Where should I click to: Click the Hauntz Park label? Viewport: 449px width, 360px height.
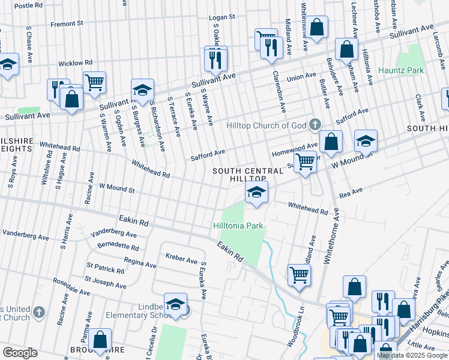(x=401, y=70)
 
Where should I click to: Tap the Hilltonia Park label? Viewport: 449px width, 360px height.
(x=238, y=226)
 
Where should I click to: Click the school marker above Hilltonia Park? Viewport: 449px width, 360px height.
(x=256, y=193)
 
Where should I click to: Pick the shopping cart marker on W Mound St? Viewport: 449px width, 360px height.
(x=306, y=162)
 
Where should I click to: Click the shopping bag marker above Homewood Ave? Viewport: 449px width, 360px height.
(x=331, y=142)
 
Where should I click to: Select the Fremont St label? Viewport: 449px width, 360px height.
(x=67, y=24)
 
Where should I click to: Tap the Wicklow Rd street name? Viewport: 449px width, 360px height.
(x=75, y=62)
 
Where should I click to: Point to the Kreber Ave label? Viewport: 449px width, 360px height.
(x=181, y=260)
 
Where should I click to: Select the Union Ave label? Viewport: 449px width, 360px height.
(x=301, y=76)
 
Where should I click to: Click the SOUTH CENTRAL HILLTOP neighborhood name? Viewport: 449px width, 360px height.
(x=247, y=175)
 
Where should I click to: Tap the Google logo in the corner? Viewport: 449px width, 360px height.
(x=20, y=353)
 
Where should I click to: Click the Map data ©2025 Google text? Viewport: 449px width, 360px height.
(x=412, y=356)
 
